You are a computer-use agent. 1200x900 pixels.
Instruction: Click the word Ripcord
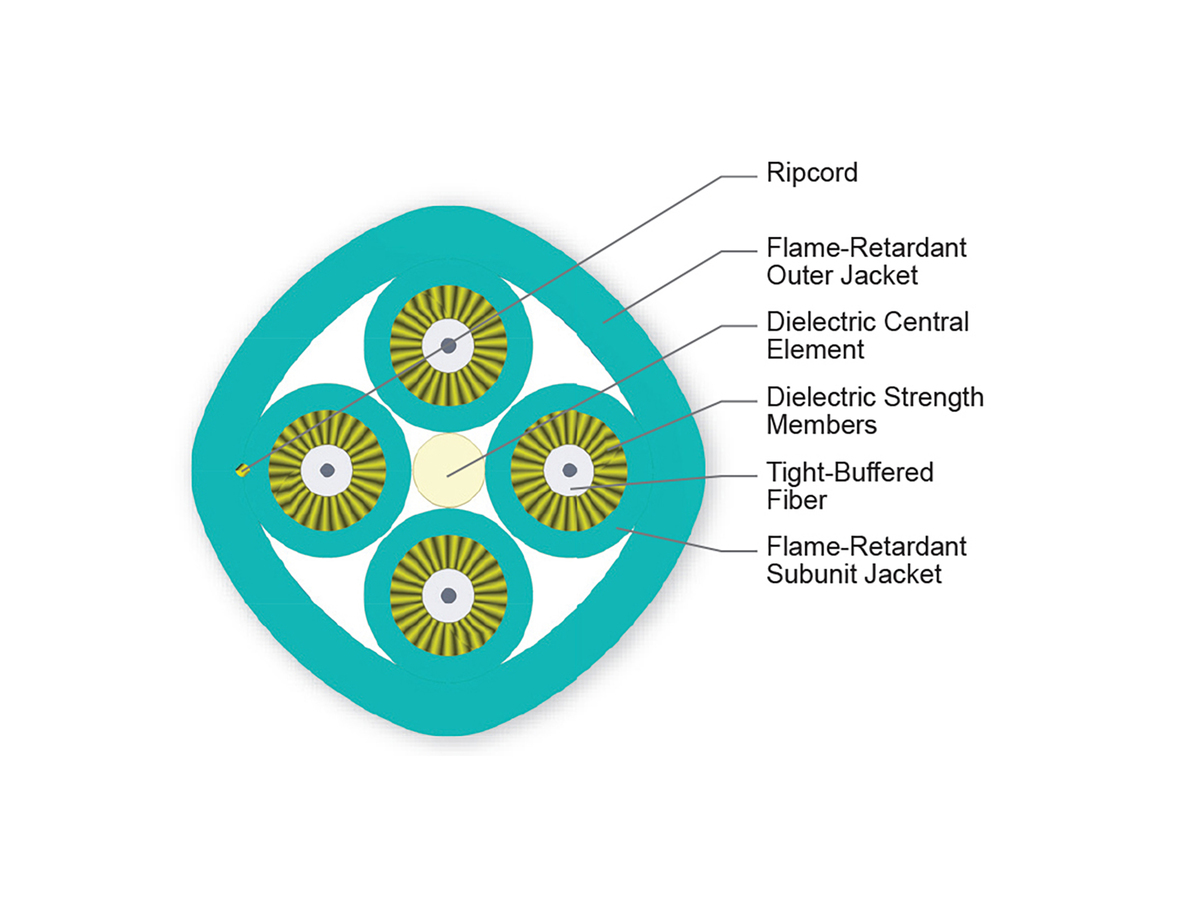coord(812,173)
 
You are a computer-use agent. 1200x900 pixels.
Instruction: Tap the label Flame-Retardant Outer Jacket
coord(866,260)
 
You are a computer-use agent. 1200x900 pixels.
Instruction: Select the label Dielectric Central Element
coord(867,336)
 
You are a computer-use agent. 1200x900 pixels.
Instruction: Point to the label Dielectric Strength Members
coord(874,410)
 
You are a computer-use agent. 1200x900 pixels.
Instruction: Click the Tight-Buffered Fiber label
coord(849,485)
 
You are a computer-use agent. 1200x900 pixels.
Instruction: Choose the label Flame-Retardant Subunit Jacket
coord(866,561)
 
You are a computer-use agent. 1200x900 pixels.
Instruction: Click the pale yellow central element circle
coord(448,469)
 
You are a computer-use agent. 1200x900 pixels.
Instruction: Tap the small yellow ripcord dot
coord(241,470)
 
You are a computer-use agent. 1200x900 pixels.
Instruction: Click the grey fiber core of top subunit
coord(448,346)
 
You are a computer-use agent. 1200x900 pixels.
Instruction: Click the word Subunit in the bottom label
coord(810,575)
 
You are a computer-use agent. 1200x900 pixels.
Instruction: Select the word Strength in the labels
coord(934,397)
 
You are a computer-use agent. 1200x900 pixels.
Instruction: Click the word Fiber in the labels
coord(796,499)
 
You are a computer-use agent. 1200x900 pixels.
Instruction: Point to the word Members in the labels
coord(821,424)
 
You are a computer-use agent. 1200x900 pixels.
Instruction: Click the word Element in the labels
coord(815,350)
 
